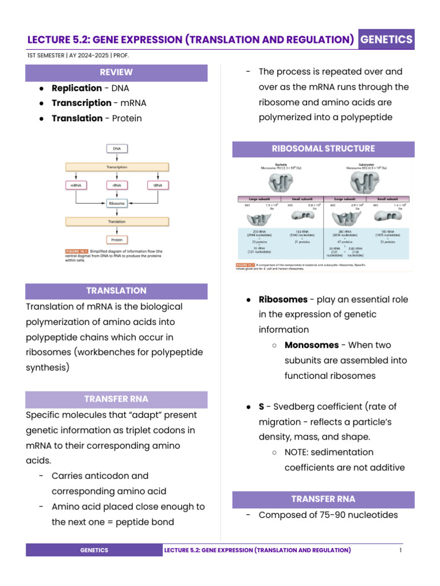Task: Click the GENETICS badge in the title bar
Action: (387, 39)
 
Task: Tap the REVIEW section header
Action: (116, 72)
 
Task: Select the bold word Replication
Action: (77, 88)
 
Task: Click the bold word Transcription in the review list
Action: (81, 103)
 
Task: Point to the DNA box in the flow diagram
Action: (117, 148)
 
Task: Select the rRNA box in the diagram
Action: (117, 185)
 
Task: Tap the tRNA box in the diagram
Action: (158, 185)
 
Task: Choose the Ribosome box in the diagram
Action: (117, 203)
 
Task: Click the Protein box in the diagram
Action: (117, 240)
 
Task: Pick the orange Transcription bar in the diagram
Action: (117, 167)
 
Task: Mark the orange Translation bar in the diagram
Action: (117, 221)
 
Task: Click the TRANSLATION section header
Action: (116, 291)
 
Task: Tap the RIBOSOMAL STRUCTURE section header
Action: (323, 149)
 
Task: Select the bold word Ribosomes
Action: (283, 299)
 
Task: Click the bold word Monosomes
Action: (312, 345)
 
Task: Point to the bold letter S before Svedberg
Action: (261, 406)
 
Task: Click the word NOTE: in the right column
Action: (300, 452)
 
